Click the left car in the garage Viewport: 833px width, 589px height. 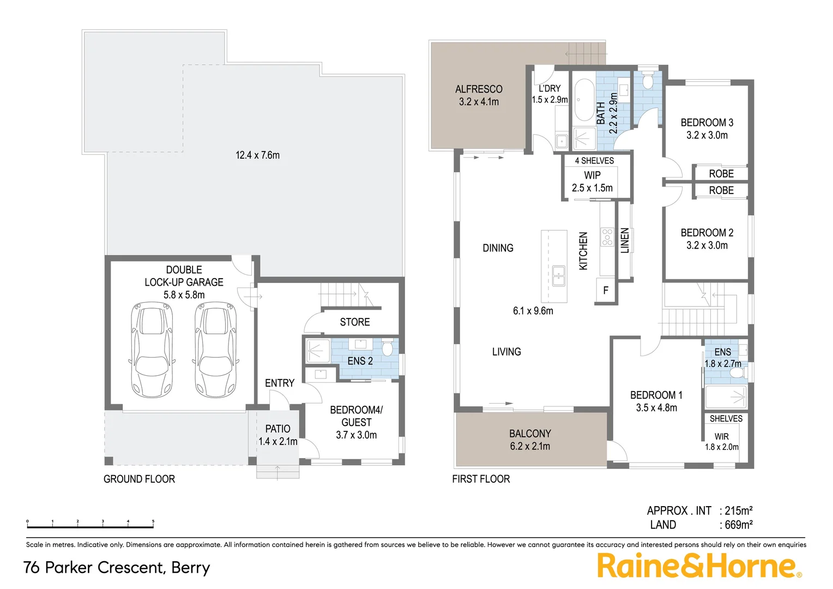point(152,350)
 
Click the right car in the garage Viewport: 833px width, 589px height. point(216,350)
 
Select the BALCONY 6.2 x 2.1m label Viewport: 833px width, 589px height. point(530,440)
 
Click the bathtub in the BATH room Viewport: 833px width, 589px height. point(584,100)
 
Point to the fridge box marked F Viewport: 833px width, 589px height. point(606,291)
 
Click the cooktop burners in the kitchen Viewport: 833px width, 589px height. point(607,237)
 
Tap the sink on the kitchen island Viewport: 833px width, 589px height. point(558,276)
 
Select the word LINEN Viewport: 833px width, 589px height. point(625,241)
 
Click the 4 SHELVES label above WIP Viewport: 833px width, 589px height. point(594,160)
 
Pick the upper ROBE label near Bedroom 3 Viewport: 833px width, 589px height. point(721,173)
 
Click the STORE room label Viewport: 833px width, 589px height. point(355,322)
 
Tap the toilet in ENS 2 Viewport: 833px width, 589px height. point(388,348)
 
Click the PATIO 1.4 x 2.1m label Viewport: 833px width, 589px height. point(277,435)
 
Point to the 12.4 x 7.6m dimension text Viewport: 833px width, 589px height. point(257,155)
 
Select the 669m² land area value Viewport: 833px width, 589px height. point(738,525)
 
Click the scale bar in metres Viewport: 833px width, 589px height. point(90,526)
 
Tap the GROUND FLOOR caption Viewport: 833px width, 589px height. point(139,479)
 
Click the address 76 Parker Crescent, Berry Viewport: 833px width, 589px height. point(117,567)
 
